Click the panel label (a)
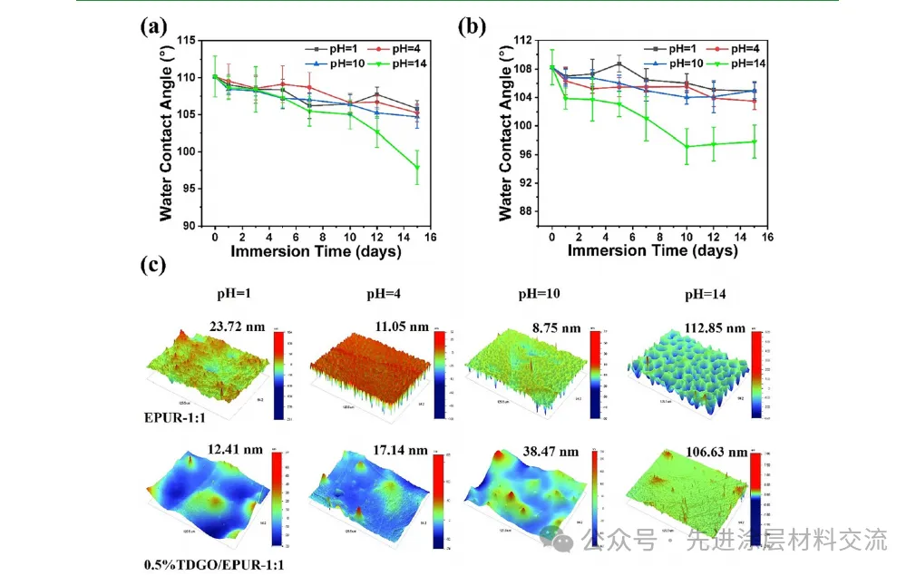[x=153, y=26]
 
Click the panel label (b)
[x=472, y=26]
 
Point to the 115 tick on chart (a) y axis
[x=187, y=41]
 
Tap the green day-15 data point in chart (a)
[x=417, y=167]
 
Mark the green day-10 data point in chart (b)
[x=687, y=146]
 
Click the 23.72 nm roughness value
[x=237, y=327]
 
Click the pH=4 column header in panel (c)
[x=374, y=295]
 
